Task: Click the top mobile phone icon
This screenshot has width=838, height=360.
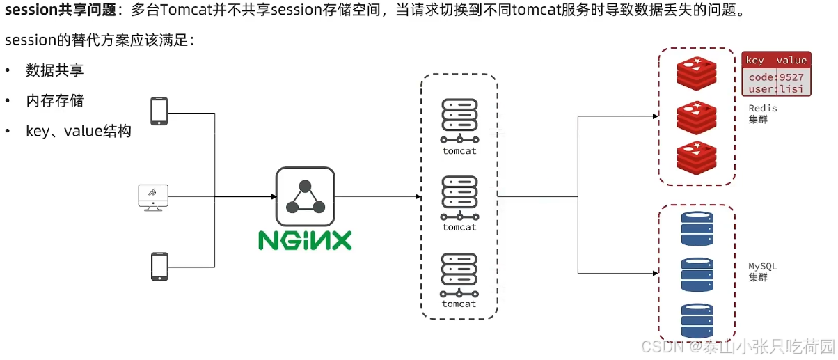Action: click(159, 111)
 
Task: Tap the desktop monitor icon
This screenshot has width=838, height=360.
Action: click(152, 197)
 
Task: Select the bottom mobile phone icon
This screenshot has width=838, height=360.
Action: click(159, 267)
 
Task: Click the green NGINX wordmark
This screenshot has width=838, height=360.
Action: click(305, 240)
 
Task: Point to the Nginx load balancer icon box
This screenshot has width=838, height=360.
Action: click(305, 196)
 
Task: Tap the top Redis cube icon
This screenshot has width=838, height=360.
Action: click(696, 73)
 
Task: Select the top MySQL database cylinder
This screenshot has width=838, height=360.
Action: click(697, 228)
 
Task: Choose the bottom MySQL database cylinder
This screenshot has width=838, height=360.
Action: click(697, 320)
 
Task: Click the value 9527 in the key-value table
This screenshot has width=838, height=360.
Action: click(791, 77)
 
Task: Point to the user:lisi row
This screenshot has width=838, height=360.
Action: click(775, 89)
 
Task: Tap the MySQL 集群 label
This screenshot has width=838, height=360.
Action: click(762, 272)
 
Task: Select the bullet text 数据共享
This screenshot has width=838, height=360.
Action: click(55, 70)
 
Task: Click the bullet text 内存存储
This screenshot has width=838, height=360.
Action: click(55, 101)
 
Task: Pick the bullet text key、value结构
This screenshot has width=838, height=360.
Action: click(79, 131)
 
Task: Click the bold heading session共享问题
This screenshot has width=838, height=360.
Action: click(60, 10)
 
